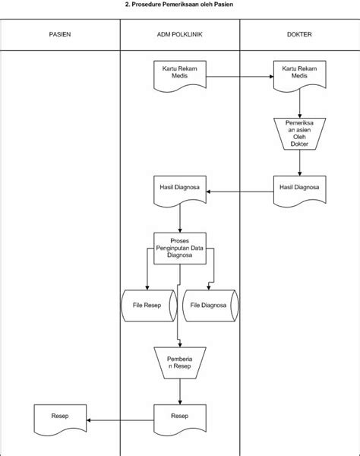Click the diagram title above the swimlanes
click(179, 5)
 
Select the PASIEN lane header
click(60, 34)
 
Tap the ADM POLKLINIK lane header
click(179, 34)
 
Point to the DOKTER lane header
click(299, 34)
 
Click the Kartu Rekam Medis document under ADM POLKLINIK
click(180, 75)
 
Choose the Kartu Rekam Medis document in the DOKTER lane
click(299, 75)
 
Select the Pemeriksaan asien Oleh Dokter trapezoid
click(299, 134)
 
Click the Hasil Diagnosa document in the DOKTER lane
click(299, 191)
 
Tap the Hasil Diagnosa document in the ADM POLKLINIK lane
click(180, 191)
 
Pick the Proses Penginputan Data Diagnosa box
click(180, 249)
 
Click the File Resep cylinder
click(149, 306)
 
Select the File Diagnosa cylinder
click(210, 306)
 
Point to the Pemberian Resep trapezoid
click(180, 363)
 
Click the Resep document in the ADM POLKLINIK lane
click(180, 419)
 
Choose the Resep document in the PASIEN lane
click(60, 419)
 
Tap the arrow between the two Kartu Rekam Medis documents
click(240, 77)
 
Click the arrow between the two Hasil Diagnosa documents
click(240, 192)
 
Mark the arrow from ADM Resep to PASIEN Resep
click(120, 420)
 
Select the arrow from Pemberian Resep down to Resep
click(180, 391)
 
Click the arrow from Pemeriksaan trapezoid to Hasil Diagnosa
click(299, 163)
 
